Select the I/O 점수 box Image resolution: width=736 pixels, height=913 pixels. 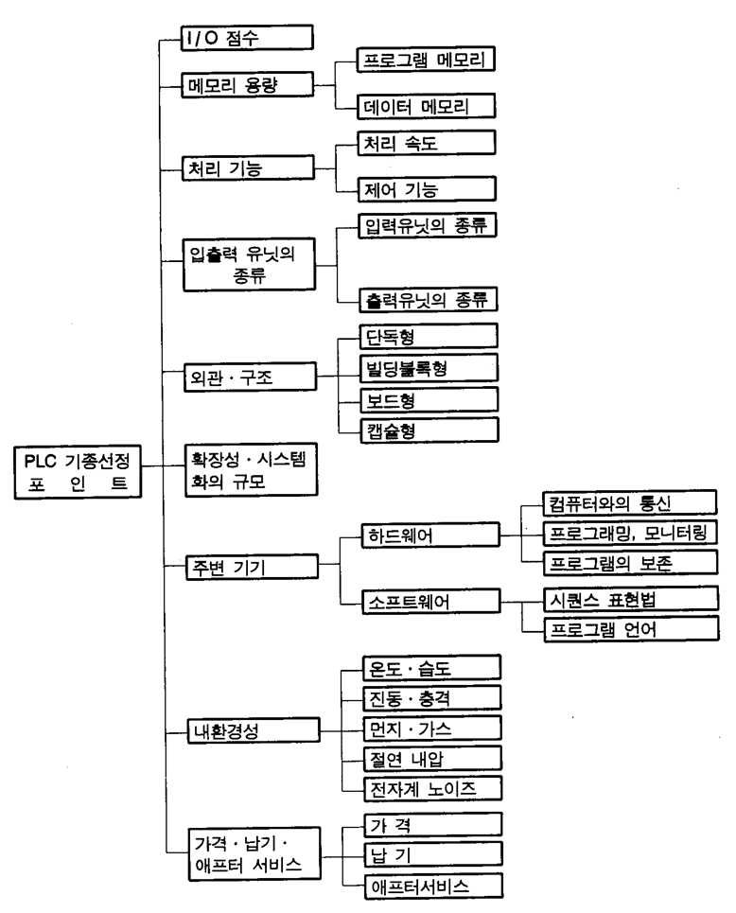tap(246, 38)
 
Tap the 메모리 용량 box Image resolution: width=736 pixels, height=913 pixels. tap(246, 84)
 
